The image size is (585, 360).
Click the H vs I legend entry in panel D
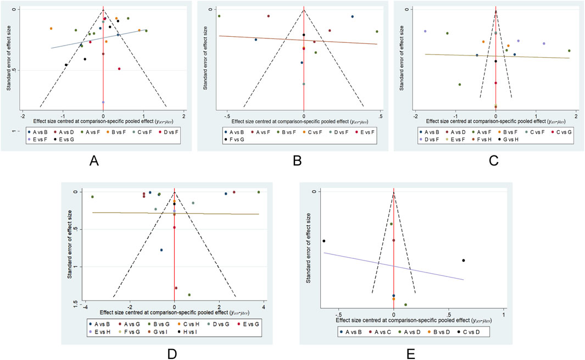point(191,332)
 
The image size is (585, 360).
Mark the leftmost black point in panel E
point(324,241)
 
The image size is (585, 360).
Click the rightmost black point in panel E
point(464,261)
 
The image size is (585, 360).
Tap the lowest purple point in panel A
point(103,102)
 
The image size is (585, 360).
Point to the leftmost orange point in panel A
point(51,29)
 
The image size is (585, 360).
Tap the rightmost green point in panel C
point(569,51)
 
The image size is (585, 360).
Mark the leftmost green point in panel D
point(92,197)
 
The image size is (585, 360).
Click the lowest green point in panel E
point(405,304)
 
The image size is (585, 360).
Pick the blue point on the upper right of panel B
point(352,16)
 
